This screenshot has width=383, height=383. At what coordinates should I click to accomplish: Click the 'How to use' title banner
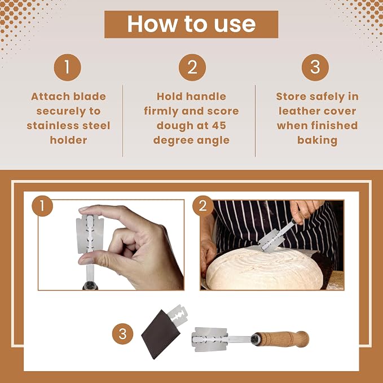click(191, 24)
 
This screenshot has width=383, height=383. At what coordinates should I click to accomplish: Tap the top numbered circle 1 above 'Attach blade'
click(68, 68)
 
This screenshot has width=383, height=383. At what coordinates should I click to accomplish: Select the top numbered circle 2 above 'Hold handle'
click(192, 68)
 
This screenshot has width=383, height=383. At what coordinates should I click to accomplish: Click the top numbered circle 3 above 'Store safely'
click(315, 68)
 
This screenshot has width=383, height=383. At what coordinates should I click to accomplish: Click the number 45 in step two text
click(219, 126)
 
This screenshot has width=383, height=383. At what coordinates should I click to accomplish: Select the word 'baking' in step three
click(318, 140)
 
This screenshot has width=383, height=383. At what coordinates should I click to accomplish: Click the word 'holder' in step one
click(68, 140)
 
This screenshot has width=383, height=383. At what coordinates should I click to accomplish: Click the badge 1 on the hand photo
click(42, 206)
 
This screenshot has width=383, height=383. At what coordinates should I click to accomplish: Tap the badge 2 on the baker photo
click(202, 206)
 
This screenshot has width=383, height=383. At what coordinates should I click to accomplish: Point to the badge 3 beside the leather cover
click(122, 334)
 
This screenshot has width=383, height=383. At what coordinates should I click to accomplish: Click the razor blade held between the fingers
click(90, 234)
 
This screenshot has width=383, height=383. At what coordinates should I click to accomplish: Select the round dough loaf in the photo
click(265, 268)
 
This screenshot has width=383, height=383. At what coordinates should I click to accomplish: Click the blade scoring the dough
click(271, 241)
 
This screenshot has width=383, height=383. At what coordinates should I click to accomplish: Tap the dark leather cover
click(161, 334)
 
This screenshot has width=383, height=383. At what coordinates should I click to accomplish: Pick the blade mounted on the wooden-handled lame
click(210, 339)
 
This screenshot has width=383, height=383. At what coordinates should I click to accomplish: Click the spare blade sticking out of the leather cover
click(178, 315)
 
